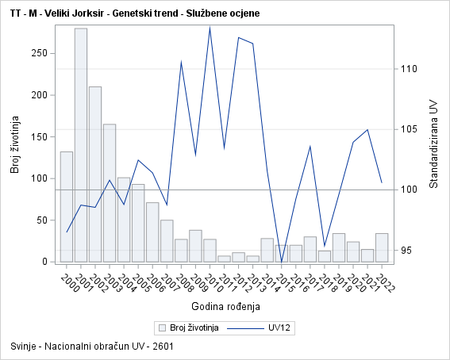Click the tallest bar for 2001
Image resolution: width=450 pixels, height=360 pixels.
point(81,145)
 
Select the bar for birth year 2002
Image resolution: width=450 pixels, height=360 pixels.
point(95,174)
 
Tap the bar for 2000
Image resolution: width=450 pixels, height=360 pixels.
point(67,206)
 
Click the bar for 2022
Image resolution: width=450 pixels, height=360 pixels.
point(382,247)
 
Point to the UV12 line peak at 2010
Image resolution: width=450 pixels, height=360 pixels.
point(210,28)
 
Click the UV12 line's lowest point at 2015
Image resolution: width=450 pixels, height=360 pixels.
point(282,261)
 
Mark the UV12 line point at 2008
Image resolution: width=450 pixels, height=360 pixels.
point(182,62)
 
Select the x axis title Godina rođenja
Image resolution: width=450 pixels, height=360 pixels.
point(225,305)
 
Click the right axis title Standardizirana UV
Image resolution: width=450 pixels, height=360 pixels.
point(433,144)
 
